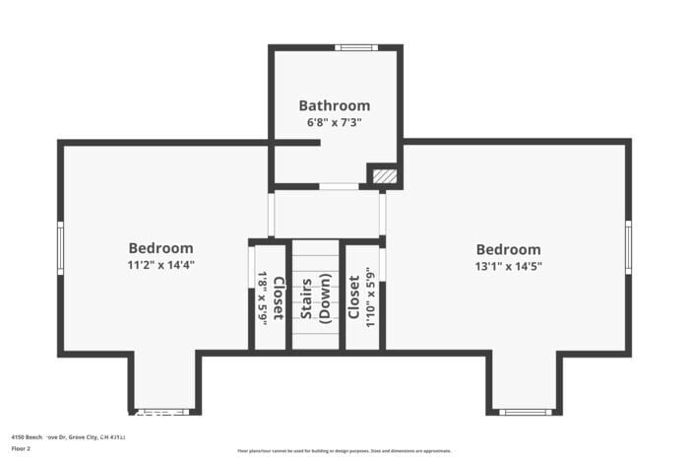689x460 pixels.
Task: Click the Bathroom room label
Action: coord(335,105)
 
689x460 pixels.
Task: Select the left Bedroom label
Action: coord(160,248)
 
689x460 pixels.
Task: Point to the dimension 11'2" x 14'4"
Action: coord(160,264)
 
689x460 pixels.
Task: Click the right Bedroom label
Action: coord(508,249)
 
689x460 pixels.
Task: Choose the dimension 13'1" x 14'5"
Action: coord(508,265)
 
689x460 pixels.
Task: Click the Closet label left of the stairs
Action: coord(278,297)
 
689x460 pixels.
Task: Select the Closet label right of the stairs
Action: coord(353,297)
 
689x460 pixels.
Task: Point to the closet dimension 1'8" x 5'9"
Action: coord(263,297)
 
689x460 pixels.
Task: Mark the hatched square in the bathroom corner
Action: coord(385,176)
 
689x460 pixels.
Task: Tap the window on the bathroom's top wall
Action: coord(355,47)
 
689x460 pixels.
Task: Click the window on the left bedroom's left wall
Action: coord(60,247)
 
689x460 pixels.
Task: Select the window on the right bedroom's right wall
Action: coord(628,247)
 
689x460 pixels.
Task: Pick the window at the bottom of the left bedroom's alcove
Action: coord(161,412)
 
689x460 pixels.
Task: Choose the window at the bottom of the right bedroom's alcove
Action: coord(526,412)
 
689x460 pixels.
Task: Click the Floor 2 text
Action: coord(22,448)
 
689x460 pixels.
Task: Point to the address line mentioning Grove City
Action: coord(69,435)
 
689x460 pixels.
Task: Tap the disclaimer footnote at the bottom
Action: coord(344,450)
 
